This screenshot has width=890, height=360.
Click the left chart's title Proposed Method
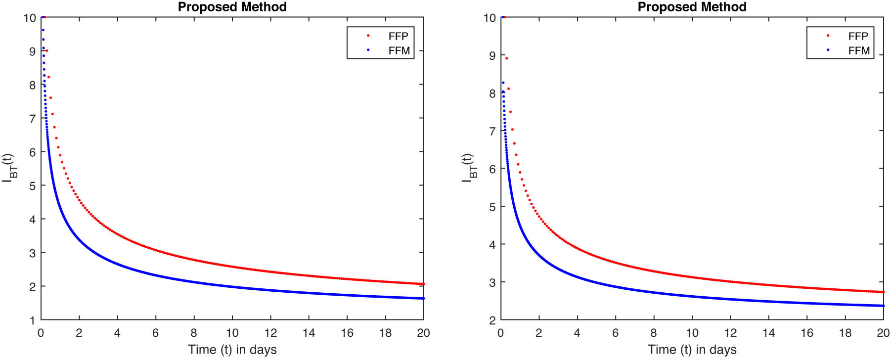[232, 7]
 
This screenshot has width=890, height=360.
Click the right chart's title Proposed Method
[692, 7]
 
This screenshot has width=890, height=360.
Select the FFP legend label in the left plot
[398, 36]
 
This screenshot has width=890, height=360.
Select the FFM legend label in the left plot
[399, 50]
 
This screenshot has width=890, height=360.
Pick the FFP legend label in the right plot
[858, 36]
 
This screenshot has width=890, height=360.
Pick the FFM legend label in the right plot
[858, 50]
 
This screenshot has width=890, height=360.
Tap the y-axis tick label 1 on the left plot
[33, 320]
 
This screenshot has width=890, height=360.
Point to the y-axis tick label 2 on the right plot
[492, 320]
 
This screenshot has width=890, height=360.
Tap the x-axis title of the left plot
[232, 350]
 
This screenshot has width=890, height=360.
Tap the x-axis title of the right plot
[692, 350]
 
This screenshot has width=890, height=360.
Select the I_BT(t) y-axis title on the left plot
[9, 168]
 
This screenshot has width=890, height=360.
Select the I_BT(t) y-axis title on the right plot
[469, 168]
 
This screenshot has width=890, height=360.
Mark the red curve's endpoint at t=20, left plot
[423, 284]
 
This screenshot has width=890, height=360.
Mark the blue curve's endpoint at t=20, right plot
[883, 306]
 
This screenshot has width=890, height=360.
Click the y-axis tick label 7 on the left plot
[33, 119]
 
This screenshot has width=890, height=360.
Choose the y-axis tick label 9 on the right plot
[492, 55]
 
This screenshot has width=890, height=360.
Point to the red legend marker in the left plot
[368, 36]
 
